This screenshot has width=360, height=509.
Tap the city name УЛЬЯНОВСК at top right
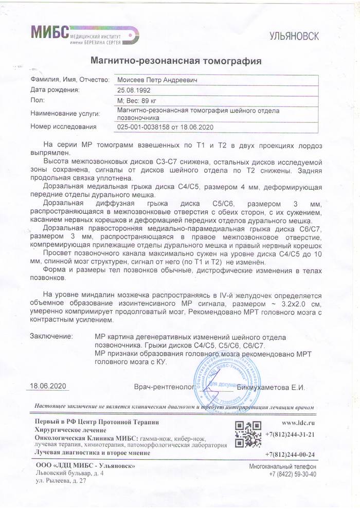click(295, 36)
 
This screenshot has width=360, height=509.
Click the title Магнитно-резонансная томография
click(176, 61)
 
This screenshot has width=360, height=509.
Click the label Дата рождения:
click(55, 90)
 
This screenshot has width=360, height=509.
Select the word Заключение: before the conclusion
click(51, 336)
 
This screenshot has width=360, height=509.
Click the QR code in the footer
click(246, 434)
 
